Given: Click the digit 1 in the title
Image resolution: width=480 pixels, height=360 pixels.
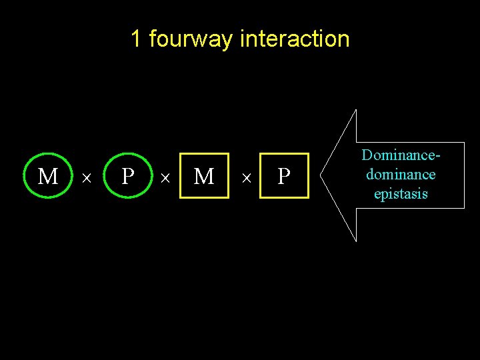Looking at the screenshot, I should [x=135, y=39].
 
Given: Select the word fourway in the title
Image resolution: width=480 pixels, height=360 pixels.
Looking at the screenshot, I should [x=191, y=39].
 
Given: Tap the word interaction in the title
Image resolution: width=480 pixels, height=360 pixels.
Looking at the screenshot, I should [x=294, y=39].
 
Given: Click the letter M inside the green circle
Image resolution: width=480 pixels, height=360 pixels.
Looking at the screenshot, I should [x=47, y=177].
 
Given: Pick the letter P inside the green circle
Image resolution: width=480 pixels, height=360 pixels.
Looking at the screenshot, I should [x=128, y=177].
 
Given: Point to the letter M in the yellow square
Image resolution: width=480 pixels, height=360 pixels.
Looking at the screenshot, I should [x=203, y=177].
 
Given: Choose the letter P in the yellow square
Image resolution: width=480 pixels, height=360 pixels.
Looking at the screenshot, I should [x=284, y=177].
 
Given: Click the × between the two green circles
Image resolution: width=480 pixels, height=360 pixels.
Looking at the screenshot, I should [x=86, y=178].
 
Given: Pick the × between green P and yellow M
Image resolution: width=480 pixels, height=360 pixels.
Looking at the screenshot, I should [x=165, y=178].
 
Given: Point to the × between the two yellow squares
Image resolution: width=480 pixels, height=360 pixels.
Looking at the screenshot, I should [x=246, y=178].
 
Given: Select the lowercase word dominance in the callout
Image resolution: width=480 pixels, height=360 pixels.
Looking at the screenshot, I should [x=401, y=175].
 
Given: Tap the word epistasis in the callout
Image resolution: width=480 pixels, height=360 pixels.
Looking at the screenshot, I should [x=401, y=194].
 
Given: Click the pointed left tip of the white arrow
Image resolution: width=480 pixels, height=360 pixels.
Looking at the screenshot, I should [x=321, y=175].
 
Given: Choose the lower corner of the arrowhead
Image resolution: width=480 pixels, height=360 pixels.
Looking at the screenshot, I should [x=356, y=240].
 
